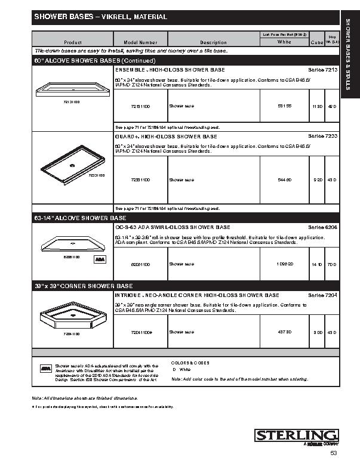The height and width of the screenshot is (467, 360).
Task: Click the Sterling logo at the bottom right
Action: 297,436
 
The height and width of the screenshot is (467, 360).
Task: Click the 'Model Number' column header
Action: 140,43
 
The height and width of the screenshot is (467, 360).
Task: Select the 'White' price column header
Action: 284,42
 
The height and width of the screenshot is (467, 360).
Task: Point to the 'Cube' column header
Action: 317,43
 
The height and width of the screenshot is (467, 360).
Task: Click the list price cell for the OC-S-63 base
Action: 284,264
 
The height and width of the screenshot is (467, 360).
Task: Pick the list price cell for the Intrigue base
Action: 284,332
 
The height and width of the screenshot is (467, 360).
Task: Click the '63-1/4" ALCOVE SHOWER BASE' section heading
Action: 80,218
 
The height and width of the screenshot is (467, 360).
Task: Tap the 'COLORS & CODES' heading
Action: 190,363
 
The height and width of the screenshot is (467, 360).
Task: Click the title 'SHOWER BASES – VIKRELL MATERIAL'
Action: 100,17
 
